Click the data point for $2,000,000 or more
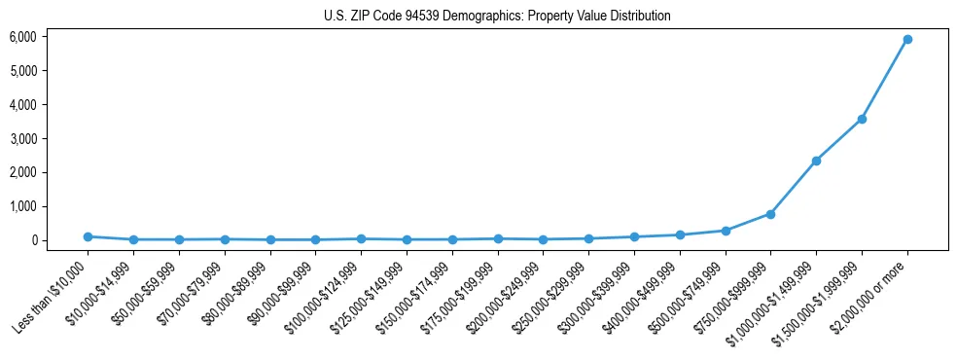tap(906, 39)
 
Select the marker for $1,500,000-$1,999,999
tap(862, 119)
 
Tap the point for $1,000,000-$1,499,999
tap(816, 161)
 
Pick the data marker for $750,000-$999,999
tap(770, 214)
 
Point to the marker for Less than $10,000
tap(88, 236)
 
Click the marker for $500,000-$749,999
tap(725, 231)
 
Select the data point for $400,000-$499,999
tap(680, 234)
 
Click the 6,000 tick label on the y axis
tap(23, 37)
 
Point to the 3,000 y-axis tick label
tap(23, 138)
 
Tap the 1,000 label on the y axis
tap(23, 206)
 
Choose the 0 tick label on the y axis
tap(34, 240)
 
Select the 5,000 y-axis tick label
tap(23, 71)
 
